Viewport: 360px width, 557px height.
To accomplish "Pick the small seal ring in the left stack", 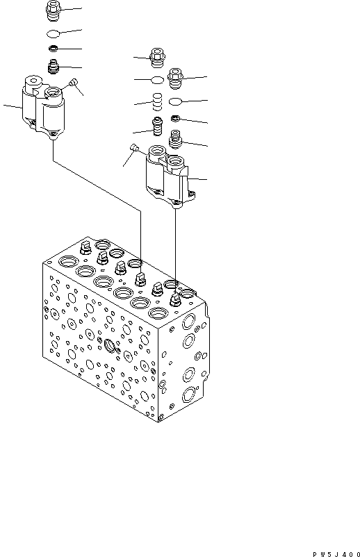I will tap(54, 49).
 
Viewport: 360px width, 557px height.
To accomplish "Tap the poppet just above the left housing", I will tap(54, 67).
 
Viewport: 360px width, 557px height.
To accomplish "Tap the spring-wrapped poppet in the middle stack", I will tap(159, 127).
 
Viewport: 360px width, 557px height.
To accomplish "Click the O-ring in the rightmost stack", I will tap(177, 101).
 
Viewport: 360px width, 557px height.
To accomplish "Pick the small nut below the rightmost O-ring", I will tap(177, 118).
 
